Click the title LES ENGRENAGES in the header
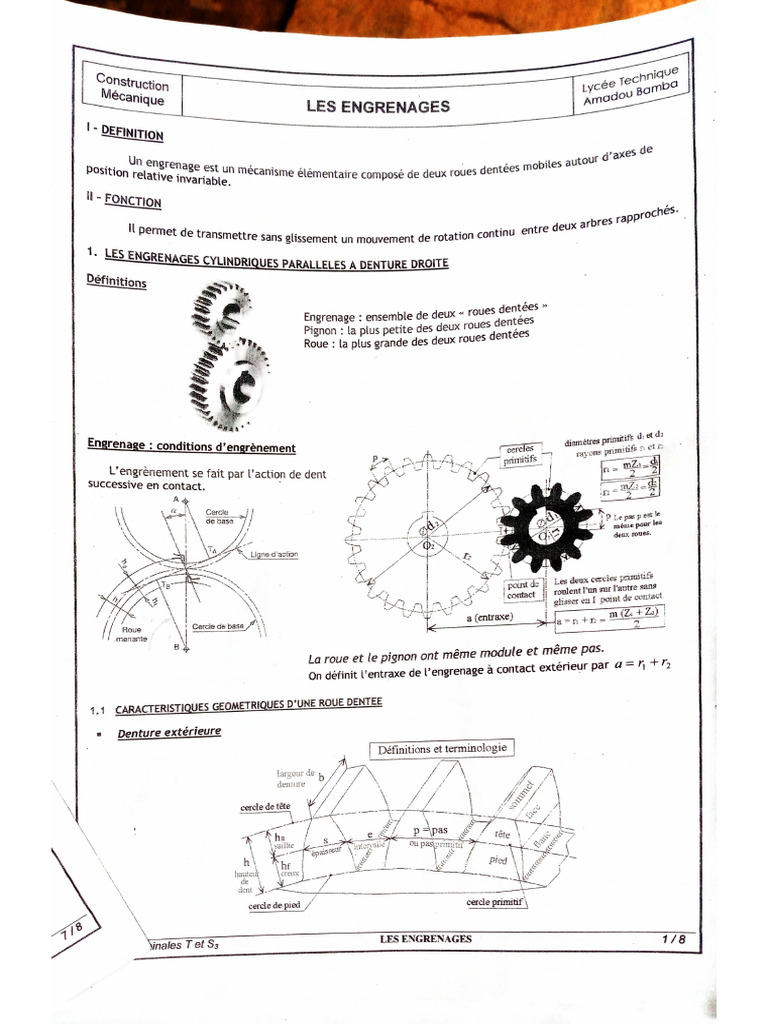pyautogui.click(x=377, y=107)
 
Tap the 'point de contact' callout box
pyautogui.click(x=523, y=590)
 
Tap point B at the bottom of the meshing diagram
pyautogui.click(x=176, y=648)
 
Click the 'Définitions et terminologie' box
pyautogui.click(x=441, y=748)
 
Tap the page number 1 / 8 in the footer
pyautogui.click(x=673, y=939)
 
